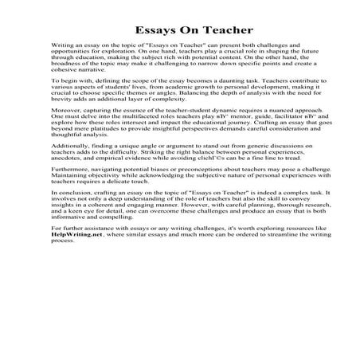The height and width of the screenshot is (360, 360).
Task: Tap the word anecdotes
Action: coord(68,215)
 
